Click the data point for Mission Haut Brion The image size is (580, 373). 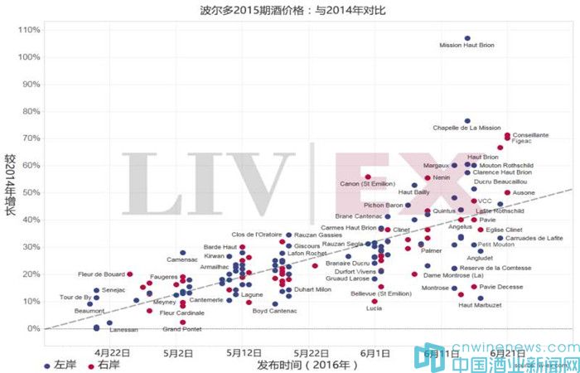pyautogui.click(x=467, y=38)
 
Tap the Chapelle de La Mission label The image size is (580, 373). pyautogui.click(x=467, y=128)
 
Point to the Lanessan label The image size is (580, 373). pyautogui.click(x=124, y=329)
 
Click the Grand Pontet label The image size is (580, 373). pyautogui.click(x=182, y=329)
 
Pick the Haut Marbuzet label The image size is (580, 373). pyautogui.click(x=481, y=305)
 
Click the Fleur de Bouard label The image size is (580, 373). pyautogui.click(x=100, y=274)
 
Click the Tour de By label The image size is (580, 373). pyautogui.click(x=75, y=297)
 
